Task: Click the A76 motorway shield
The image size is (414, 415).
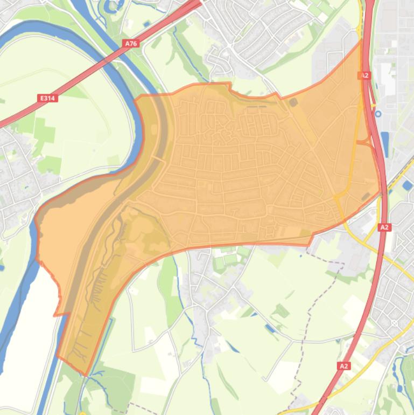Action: tap(130, 43)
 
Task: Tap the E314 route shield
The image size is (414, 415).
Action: tap(48, 98)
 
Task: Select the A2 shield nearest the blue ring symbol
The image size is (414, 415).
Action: tap(364, 76)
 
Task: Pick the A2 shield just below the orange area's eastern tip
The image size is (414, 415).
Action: tap(384, 227)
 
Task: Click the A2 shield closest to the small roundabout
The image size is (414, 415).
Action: tap(344, 366)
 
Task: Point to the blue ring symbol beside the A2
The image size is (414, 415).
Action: tap(377, 114)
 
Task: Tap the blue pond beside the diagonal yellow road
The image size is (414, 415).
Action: tap(408, 185)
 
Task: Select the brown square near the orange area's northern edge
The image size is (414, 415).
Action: tap(293, 101)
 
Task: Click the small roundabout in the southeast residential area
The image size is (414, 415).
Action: tap(394, 323)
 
